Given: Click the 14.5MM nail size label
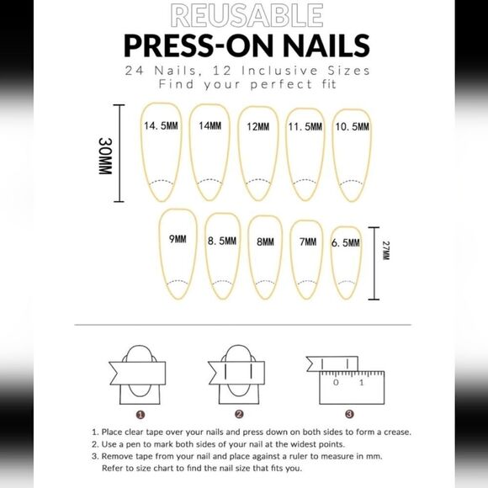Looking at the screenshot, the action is tap(161, 125).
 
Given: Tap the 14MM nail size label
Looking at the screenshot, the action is tap(210, 125).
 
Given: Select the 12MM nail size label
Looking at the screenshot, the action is tap(258, 127).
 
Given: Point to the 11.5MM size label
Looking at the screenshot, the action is tap(305, 127).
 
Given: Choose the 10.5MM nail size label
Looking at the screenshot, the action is tap(352, 127).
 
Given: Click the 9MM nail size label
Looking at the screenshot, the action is tap(178, 239).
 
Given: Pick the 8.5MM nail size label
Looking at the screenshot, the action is tap(222, 241).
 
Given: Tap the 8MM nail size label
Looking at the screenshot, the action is tap(266, 241).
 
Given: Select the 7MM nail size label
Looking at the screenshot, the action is tap(308, 241).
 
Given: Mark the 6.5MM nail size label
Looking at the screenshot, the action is tap(346, 243).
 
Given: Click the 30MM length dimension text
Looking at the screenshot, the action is tap(105, 156).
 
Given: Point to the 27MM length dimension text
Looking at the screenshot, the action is tap(386, 250).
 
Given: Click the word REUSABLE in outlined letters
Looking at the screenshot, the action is tap(247, 15).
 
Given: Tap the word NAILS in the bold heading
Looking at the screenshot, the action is tap(326, 45).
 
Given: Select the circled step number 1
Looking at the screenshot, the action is tap(141, 415).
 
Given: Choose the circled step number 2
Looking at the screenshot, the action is tap(239, 414).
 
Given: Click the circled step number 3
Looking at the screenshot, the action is tap(349, 414).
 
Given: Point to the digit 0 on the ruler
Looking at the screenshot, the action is tap(336, 383).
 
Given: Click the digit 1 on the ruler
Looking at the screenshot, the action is tap(361, 383).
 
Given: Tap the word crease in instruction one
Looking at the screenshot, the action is tap(397, 432).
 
